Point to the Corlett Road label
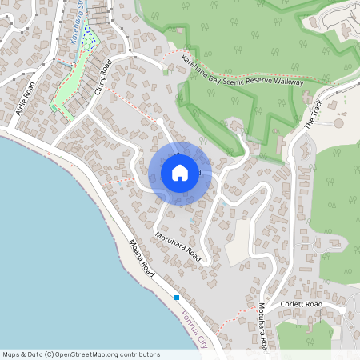coord(302,305)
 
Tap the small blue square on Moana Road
coord(177,298)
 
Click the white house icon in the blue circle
coord(180,173)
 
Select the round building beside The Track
coord(338,123)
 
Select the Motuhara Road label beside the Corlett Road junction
coord(262,326)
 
